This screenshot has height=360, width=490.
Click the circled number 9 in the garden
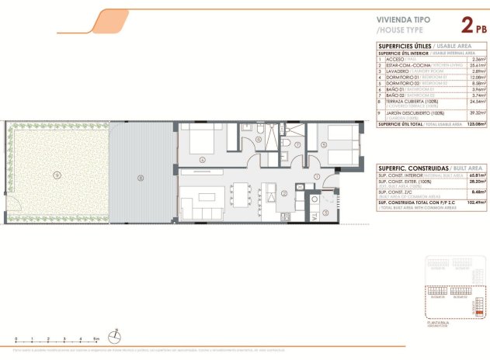[x=56, y=175]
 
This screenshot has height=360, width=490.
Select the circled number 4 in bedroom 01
[x=202, y=159]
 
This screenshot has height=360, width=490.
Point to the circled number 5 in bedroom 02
[x=324, y=144]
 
